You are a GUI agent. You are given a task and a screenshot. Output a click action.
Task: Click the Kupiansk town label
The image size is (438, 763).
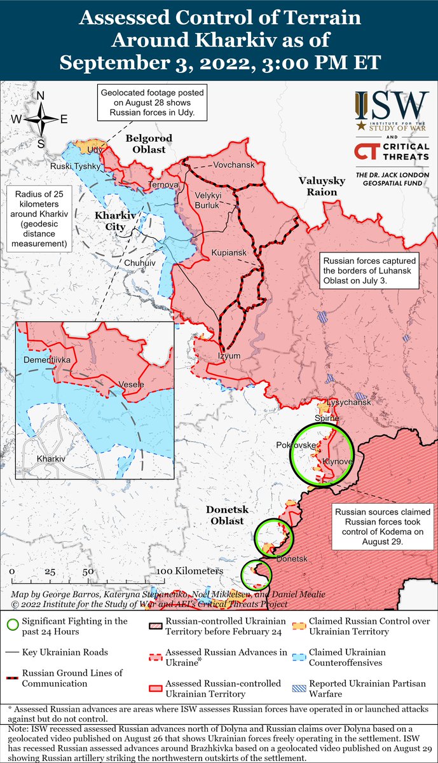click(229, 253)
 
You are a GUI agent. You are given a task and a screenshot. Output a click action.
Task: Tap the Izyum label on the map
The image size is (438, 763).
click(229, 356)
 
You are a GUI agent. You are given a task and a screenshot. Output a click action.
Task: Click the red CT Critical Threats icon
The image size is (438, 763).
click(362, 153)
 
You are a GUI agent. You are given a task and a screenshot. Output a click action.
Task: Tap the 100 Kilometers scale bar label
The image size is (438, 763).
click(189, 572)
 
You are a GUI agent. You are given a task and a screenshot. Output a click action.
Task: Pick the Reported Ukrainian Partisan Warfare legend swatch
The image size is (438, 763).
click(299, 689)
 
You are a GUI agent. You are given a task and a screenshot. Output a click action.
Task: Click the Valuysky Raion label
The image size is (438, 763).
click(322, 186)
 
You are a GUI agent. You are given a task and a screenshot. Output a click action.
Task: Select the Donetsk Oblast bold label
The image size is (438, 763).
click(224, 516)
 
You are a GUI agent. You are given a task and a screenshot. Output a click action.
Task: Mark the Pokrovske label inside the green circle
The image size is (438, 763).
click(296, 445)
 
